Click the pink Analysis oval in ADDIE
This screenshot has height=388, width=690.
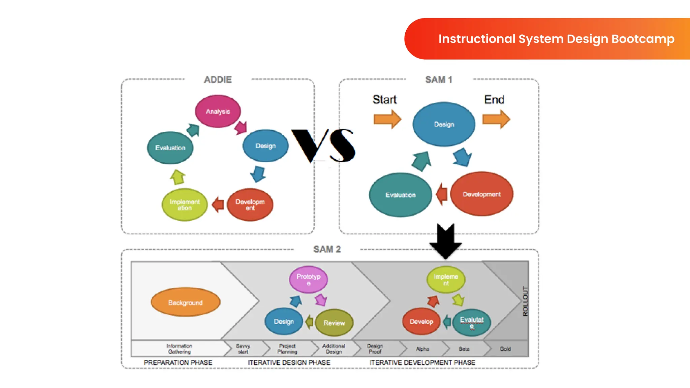(x=218, y=111)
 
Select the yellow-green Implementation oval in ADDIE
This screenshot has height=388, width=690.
(x=185, y=205)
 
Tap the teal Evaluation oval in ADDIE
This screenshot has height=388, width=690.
(x=170, y=148)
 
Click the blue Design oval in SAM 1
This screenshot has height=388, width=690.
(x=444, y=124)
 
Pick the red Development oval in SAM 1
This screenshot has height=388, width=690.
(x=481, y=194)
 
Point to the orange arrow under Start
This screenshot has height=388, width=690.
(x=387, y=119)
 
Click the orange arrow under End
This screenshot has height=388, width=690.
(x=496, y=119)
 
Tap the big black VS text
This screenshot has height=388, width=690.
(x=323, y=145)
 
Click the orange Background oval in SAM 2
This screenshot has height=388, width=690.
(x=185, y=302)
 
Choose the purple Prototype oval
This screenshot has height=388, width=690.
(x=308, y=280)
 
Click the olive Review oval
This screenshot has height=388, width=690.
(x=334, y=323)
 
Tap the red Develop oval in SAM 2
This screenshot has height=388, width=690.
(x=421, y=322)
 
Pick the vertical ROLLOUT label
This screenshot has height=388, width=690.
(x=525, y=301)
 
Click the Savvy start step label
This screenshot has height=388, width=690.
(x=243, y=349)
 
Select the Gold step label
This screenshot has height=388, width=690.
(x=505, y=349)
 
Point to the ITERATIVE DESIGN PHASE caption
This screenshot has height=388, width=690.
(x=289, y=362)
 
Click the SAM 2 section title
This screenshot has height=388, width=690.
(x=327, y=249)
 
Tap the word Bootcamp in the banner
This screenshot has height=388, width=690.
(x=643, y=39)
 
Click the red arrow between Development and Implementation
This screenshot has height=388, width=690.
(x=218, y=204)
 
